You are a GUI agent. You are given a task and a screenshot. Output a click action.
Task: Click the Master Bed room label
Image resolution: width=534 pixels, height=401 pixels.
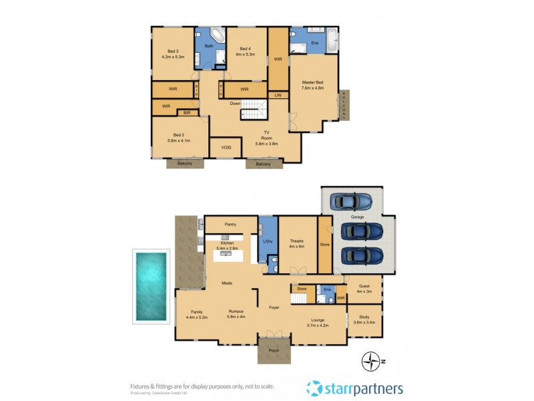point(312,85)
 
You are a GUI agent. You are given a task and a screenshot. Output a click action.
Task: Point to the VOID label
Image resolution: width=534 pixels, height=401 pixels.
point(225,148)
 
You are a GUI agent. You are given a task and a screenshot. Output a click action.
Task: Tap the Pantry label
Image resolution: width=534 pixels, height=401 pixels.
point(230,225)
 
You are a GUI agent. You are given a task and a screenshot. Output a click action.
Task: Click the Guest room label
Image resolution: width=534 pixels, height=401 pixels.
point(364,289)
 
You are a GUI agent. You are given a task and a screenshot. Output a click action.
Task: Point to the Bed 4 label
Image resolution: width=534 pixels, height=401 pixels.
point(245,51)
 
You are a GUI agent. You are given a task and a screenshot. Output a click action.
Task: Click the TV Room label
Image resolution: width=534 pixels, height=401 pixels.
point(267,138)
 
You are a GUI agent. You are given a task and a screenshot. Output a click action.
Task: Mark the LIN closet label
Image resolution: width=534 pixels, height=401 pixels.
point(278,96)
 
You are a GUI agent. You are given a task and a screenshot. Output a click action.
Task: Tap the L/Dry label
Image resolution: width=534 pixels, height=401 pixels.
point(268,241)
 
